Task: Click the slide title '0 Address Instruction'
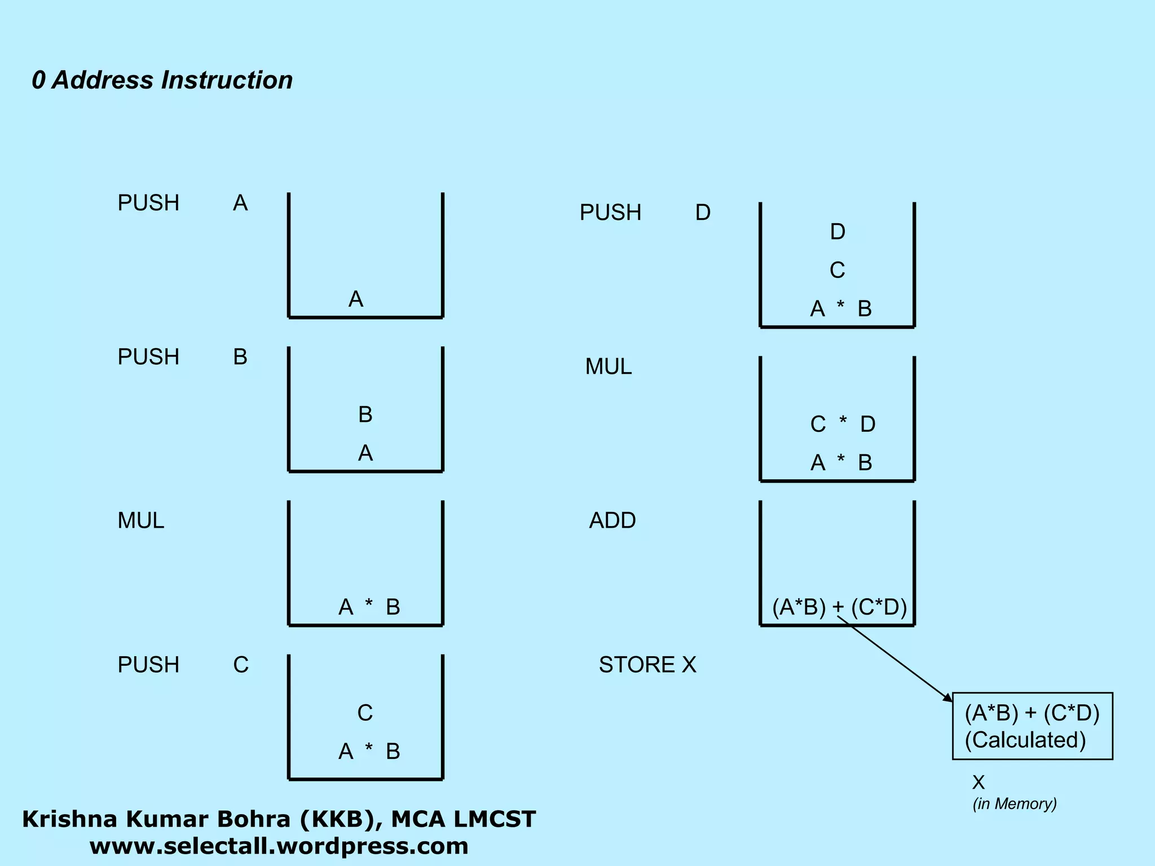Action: pos(162,80)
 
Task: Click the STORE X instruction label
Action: pos(647,665)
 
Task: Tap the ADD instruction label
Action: pos(612,520)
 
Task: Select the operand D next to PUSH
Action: pos(703,213)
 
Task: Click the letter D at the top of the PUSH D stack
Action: pos(837,232)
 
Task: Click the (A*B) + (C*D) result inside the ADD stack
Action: pos(839,607)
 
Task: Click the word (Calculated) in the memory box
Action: pos(1025,740)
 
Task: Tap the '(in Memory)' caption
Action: pos(1015,803)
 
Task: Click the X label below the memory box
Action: pos(978,782)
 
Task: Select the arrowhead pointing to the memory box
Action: pos(947,697)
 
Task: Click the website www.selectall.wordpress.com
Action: pos(279,846)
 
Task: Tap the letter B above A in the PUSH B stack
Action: pos(365,414)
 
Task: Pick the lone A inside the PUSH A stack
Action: pos(356,299)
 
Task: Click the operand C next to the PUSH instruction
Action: pos(241,665)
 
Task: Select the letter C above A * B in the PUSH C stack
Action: pos(365,713)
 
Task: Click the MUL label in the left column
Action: pos(141,520)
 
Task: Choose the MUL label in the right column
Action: pos(609,366)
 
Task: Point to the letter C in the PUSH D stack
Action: pos(837,270)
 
